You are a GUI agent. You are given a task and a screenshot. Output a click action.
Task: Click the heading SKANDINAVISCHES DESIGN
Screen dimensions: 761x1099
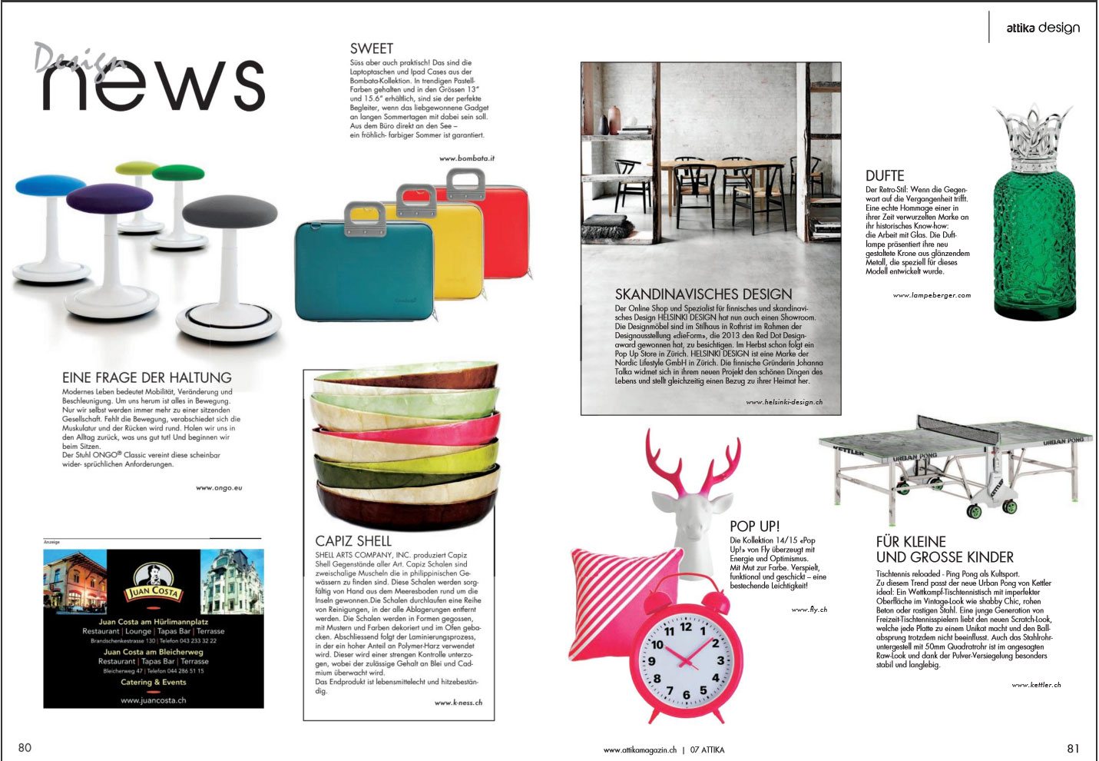point(703,294)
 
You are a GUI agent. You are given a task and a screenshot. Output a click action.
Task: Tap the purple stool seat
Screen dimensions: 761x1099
point(109,198)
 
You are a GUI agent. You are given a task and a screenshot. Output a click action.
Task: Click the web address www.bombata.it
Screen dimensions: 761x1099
point(467,158)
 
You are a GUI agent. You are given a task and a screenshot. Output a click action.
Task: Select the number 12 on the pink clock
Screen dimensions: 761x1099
point(686,626)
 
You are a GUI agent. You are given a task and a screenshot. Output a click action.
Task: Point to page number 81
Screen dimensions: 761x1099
point(1073,748)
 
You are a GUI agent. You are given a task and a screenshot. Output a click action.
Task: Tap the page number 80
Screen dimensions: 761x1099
point(25,748)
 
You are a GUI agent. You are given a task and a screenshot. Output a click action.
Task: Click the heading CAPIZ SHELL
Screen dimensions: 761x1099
point(353,541)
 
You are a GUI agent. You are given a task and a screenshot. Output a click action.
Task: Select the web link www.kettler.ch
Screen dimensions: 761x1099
point(1036,684)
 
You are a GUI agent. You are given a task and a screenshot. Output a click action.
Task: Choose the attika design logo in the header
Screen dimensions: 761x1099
point(1043,28)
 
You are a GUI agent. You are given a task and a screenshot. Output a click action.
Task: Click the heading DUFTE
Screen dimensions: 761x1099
point(885,176)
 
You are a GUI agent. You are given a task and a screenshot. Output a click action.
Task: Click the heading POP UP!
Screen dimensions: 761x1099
point(754,527)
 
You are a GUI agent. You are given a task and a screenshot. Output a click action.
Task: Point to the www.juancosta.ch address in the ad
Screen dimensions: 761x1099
point(153,700)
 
